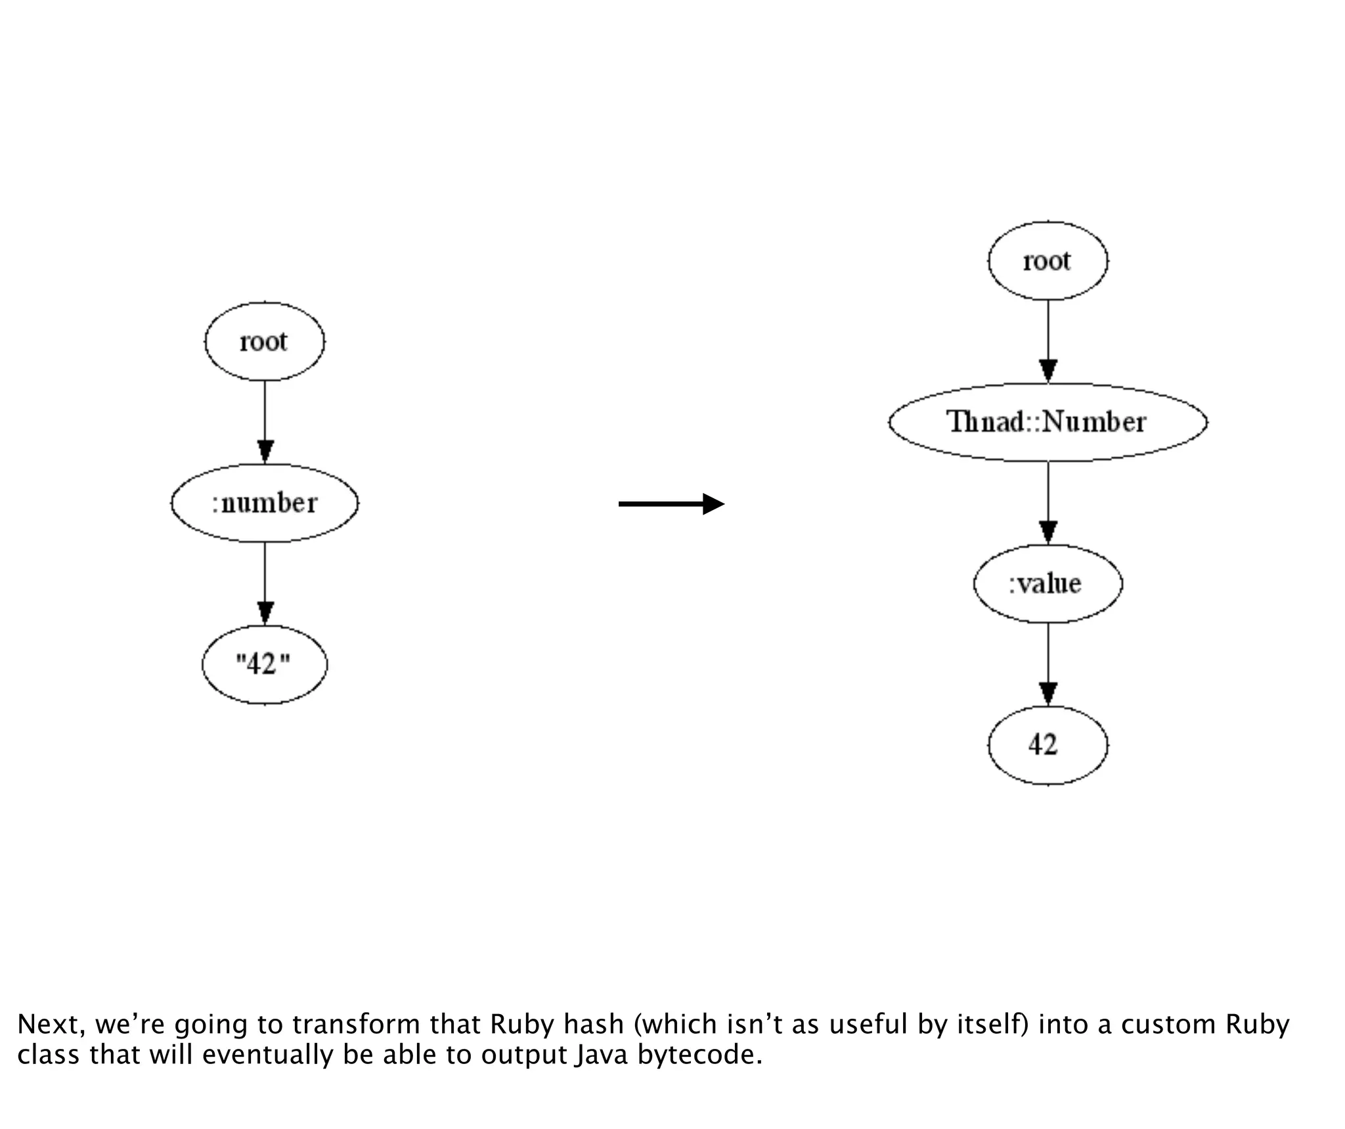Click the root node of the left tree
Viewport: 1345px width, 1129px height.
point(265,341)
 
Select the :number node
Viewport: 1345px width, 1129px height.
point(265,503)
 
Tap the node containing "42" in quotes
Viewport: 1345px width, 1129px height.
point(264,664)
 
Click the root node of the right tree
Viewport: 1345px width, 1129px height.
point(1047,261)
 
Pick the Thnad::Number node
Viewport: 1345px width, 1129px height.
point(1047,422)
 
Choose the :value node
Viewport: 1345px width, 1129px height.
point(1047,584)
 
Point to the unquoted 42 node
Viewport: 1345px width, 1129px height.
point(1047,745)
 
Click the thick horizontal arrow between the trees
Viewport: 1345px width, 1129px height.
point(671,504)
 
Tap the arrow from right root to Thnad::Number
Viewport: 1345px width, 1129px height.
point(1048,341)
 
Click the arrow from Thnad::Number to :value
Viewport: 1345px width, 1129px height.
point(1048,503)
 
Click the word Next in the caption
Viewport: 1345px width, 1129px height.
point(51,1024)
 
